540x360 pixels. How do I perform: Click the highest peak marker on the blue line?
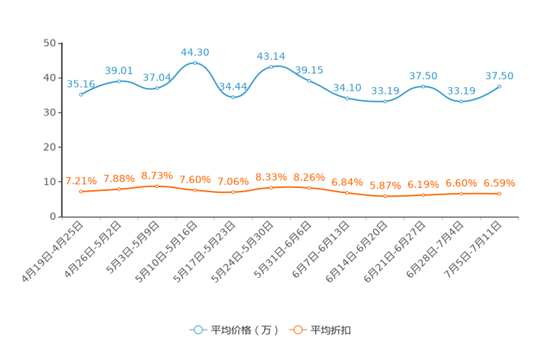(195, 63)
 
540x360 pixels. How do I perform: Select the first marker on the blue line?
(81, 94)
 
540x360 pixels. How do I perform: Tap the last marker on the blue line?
(499, 86)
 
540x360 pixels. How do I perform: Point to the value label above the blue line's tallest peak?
(195, 52)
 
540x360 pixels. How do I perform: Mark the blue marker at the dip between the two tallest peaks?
(232, 97)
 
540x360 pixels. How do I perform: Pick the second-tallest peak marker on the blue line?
(271, 67)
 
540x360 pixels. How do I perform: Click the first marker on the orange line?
(81, 192)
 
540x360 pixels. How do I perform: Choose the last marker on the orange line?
(499, 194)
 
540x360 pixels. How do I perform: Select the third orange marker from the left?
(157, 187)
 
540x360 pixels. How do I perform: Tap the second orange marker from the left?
(119, 189)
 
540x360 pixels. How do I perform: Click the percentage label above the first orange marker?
(81, 181)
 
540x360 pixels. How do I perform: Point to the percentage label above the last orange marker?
(499, 183)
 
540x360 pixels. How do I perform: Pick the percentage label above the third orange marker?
(157, 175)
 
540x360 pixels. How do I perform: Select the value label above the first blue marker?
(81, 83)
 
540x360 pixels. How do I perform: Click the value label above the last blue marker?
(500, 75)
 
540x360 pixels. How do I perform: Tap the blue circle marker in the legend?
(197, 330)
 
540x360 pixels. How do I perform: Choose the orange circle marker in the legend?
(298, 330)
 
